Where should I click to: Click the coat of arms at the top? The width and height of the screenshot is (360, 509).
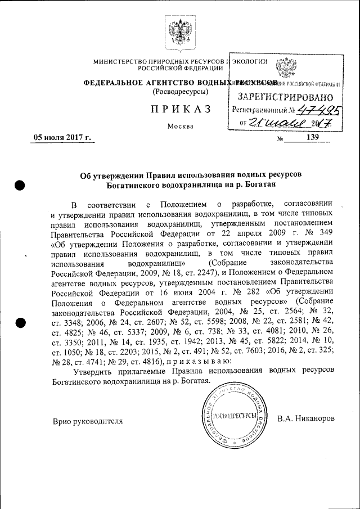click(x=180, y=29)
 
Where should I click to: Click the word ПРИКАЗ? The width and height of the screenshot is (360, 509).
click(x=180, y=109)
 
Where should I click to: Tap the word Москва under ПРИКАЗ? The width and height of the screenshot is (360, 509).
click(x=180, y=126)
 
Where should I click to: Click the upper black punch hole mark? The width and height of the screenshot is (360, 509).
click(x=21, y=186)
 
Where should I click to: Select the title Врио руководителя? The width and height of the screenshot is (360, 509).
click(x=87, y=420)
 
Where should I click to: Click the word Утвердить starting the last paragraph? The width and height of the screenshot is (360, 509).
click(x=96, y=371)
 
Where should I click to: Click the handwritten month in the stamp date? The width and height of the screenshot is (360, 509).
click(x=289, y=122)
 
